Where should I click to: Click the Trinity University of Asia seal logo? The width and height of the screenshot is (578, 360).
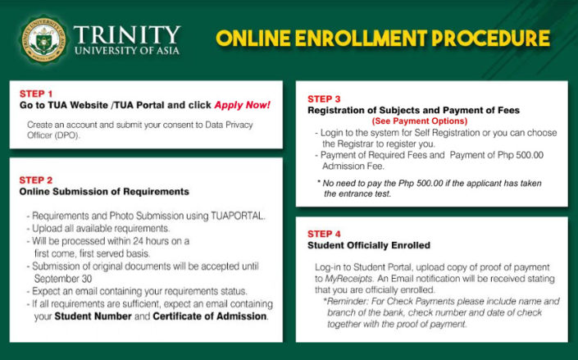coord(42,39)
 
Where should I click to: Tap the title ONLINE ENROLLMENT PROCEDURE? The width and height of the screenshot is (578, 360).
coord(382,39)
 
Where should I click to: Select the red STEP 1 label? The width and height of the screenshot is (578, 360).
coord(36,93)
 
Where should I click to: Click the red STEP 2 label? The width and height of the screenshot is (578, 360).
coord(36,180)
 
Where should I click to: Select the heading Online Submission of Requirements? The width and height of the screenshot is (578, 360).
coord(104,192)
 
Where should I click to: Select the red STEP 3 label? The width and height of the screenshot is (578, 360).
coord(325,98)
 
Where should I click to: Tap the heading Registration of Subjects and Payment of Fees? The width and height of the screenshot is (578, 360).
coord(418,110)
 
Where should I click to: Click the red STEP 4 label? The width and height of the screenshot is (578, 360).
coord(325,233)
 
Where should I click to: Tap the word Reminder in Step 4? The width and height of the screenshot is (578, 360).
coord(348,302)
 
